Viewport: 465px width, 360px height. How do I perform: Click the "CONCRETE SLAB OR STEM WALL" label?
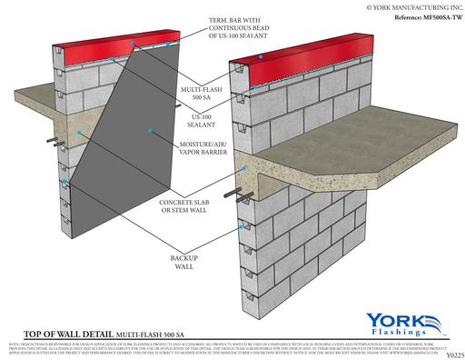click(x=190, y=205)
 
